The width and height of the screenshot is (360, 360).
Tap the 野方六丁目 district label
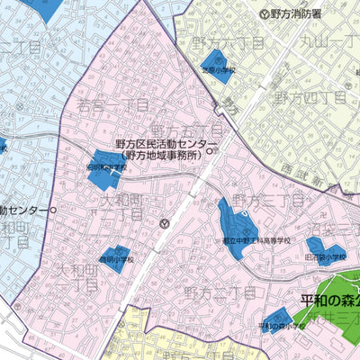pos(220,43)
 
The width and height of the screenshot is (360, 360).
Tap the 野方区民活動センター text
pos(166,143)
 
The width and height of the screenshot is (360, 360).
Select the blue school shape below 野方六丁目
pos(218,69)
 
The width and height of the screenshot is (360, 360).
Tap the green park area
pos(343,333)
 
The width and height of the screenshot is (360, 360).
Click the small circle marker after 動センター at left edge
pos(53,210)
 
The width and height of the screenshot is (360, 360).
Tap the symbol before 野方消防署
pos(264,13)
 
